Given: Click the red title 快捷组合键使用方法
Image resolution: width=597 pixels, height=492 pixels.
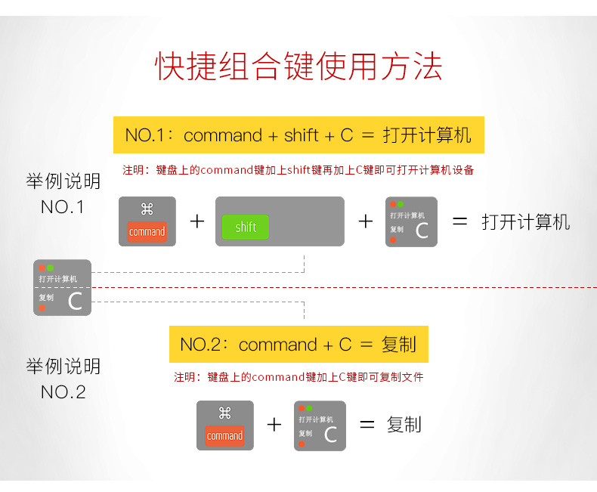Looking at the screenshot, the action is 298,67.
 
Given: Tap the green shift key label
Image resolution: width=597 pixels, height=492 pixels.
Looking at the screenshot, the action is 246,227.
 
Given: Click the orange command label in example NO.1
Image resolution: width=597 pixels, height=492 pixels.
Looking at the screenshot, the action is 147,231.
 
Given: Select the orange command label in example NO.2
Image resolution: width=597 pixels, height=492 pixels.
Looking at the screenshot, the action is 224,435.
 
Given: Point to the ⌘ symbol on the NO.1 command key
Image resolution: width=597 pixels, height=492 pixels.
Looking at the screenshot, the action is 147,209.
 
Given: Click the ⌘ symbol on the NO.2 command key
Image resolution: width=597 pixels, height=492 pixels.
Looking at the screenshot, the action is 225,413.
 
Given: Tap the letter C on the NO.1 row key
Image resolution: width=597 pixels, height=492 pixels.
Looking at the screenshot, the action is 422,231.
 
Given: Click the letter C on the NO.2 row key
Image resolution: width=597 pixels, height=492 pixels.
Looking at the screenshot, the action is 330,435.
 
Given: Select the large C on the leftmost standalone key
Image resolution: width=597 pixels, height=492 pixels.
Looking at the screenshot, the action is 75,301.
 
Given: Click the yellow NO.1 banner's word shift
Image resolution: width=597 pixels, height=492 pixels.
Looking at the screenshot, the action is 301,135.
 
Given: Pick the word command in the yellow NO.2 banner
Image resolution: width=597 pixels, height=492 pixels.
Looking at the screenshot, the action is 277,345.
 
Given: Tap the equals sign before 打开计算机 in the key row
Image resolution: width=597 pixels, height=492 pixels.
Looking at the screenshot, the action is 459,221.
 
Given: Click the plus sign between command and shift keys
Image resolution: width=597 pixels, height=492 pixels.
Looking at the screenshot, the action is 197,221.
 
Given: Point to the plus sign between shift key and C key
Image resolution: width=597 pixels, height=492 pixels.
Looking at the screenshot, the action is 366,221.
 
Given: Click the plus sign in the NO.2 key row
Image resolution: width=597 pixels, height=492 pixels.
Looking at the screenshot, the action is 274,425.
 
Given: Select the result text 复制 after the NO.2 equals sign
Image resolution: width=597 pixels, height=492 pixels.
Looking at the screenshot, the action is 404,425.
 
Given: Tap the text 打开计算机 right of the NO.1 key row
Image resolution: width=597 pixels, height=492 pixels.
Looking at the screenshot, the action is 526,221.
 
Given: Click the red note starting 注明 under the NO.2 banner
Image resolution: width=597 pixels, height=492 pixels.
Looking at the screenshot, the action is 298,377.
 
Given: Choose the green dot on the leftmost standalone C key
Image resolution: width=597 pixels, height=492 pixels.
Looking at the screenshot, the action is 50,268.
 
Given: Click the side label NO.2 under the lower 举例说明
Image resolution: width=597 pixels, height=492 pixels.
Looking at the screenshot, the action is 63,391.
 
